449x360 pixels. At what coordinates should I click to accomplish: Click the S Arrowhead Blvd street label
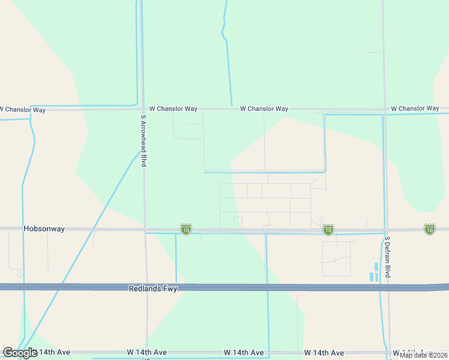[x=143, y=141]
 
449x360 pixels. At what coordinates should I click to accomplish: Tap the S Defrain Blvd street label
[x=388, y=257]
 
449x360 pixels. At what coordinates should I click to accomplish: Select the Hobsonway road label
[x=44, y=229]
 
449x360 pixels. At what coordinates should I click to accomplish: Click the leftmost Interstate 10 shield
[x=186, y=230]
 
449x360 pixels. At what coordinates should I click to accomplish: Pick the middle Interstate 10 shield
[x=328, y=230]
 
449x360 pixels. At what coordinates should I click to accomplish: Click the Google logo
[x=20, y=353]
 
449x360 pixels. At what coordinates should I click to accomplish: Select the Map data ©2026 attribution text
[x=424, y=355]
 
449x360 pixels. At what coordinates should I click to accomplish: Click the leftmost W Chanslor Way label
[x=23, y=110]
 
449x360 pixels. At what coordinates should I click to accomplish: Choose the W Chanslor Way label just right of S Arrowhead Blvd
[x=173, y=109]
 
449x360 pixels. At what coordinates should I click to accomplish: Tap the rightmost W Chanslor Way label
[x=415, y=109]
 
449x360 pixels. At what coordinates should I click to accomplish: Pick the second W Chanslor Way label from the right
[x=264, y=109]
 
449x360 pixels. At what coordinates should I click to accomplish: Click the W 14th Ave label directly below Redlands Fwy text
[x=146, y=352]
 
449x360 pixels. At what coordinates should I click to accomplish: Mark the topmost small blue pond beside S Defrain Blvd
[x=376, y=266]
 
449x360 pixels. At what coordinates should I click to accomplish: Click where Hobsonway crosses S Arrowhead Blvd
[x=145, y=229]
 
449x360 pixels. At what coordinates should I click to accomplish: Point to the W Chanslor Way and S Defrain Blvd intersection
[x=384, y=110]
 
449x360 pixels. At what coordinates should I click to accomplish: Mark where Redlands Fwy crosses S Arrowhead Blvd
[x=146, y=287]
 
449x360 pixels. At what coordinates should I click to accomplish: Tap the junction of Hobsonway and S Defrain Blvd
[x=386, y=229]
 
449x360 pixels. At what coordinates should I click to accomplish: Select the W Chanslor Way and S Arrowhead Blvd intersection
[x=143, y=109]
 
